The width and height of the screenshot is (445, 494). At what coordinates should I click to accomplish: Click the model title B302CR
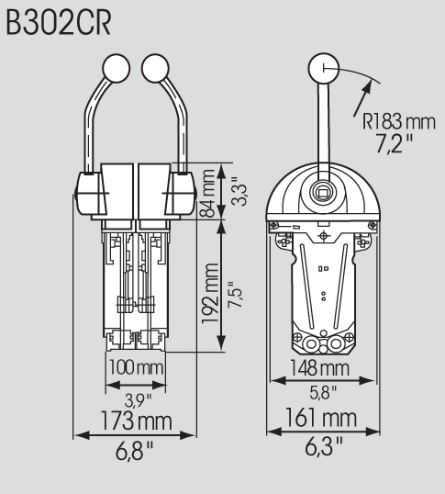pos(59,23)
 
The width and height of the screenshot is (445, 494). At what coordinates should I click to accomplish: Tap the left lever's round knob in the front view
pos(117,68)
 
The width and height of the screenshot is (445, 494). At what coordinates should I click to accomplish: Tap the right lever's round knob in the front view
pos(155,68)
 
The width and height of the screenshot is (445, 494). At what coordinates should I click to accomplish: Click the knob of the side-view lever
pos(324,68)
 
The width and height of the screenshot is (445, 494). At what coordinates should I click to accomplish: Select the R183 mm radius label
pos(399,122)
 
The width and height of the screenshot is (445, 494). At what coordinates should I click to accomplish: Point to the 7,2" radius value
pos(395,143)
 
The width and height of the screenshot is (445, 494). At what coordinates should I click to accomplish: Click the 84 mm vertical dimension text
pos(207,193)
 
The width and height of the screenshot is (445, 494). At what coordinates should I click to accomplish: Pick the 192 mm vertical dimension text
pos(210,293)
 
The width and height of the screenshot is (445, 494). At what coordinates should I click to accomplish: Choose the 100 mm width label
pos(136,367)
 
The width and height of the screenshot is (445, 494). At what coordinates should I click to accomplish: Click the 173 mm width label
pos(137,421)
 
